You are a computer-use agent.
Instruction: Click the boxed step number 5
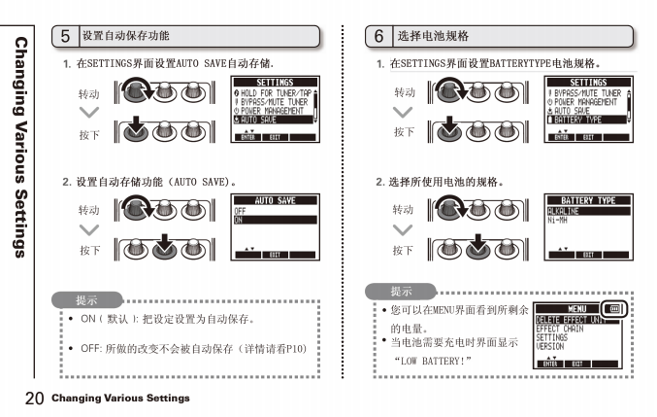click(65, 36)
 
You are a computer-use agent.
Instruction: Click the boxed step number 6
click(379, 36)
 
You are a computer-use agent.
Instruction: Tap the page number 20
click(34, 399)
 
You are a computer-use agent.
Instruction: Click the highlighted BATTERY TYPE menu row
click(588, 120)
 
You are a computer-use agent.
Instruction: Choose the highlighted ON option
click(275, 220)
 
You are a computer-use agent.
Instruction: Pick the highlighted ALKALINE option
click(588, 210)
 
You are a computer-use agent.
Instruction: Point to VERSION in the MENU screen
click(550, 346)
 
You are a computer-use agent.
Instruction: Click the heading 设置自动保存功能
click(126, 36)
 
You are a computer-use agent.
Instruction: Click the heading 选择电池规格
click(433, 36)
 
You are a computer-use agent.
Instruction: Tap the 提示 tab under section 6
click(400, 291)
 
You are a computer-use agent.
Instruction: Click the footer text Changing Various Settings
click(120, 399)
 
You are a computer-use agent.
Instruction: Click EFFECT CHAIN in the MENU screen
click(560, 329)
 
